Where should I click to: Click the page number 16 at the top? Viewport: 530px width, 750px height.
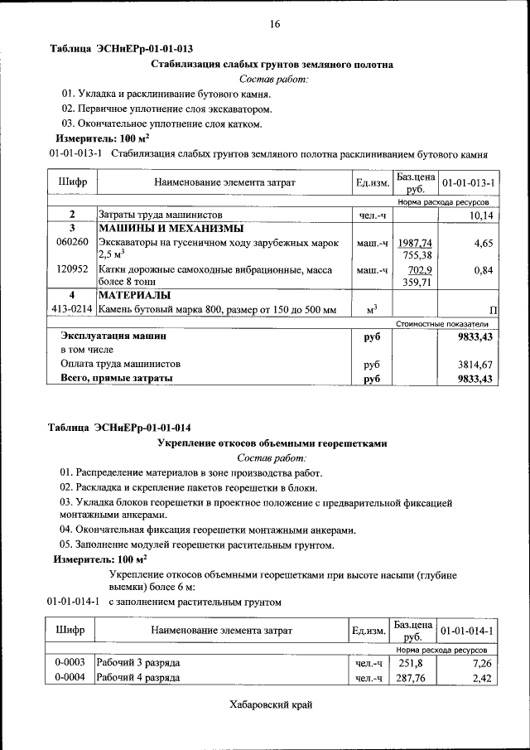[274, 24]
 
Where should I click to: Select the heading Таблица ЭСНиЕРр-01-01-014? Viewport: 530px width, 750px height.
[121, 428]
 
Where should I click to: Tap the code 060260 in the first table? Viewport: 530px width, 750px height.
[72, 243]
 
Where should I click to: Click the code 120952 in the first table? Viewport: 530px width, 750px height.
[72, 269]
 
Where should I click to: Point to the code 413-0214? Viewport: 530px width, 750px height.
[72, 310]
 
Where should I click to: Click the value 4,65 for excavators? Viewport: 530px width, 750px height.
[484, 243]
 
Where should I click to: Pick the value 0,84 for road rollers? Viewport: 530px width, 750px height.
[484, 269]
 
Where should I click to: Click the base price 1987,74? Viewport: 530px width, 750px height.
[415, 243]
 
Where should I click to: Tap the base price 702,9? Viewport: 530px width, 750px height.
[418, 269]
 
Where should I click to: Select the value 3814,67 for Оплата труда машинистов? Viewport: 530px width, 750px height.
[475, 364]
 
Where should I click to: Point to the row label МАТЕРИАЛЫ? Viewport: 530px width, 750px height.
[134, 295]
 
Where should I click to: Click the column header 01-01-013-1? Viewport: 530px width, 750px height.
[468, 181]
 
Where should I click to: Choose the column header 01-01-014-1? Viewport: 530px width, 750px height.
[468, 631]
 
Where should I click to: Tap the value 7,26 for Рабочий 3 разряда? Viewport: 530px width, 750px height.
[483, 664]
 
